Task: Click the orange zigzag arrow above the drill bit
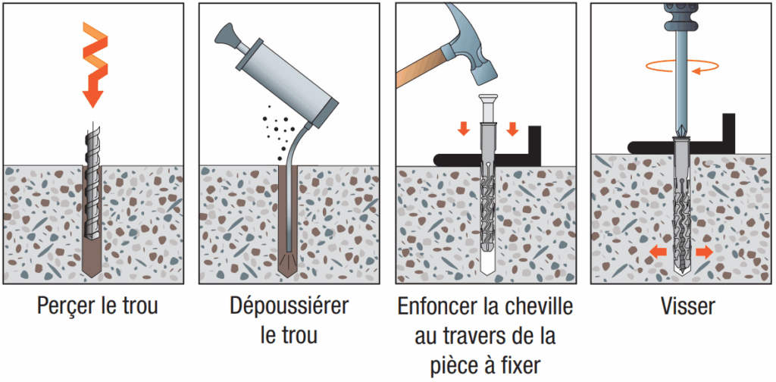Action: pos(94,64)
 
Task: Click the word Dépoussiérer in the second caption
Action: pos(289,307)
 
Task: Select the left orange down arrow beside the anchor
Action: pos(464,129)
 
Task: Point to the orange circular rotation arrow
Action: pos(683,66)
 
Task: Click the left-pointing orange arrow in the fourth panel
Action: pos(659,252)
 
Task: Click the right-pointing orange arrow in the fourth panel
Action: pos(704,252)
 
